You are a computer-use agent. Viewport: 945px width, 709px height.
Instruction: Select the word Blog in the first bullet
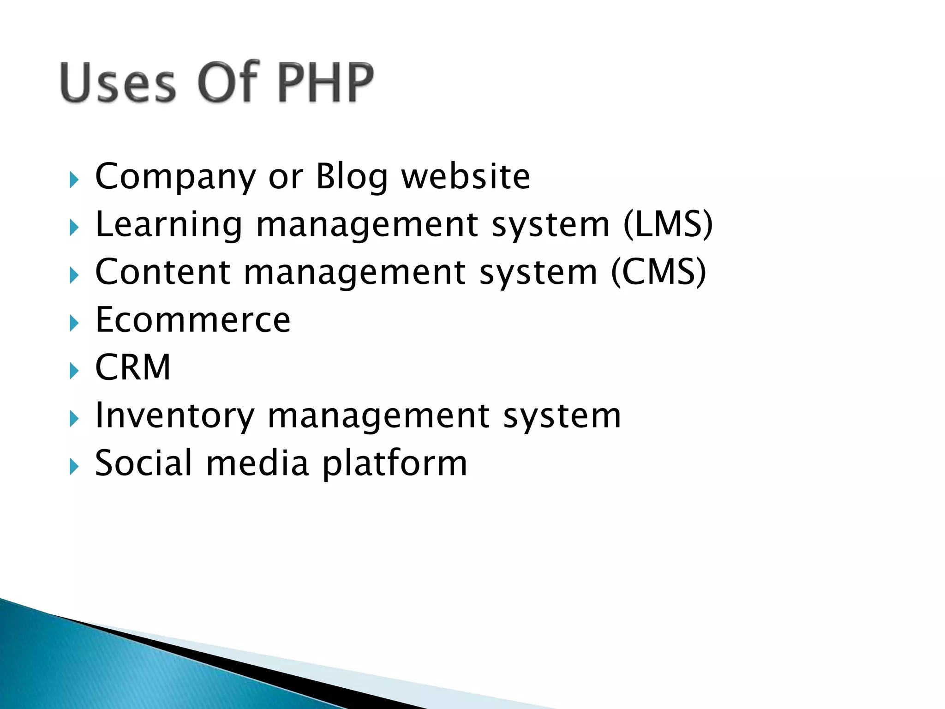coord(352,177)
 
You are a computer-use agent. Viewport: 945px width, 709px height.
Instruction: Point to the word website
coord(466,177)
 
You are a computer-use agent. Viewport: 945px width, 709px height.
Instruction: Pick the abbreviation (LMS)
coord(668,225)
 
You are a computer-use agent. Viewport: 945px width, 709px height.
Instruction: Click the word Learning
coord(168,225)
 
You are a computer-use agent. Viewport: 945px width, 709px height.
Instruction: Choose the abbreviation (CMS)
coord(658,272)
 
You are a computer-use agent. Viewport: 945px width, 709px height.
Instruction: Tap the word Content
coord(162,272)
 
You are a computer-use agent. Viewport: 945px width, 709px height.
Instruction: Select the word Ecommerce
coord(193,320)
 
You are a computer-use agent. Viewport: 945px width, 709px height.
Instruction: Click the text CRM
coord(133,367)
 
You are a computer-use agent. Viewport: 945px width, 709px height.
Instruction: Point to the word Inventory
coord(174,415)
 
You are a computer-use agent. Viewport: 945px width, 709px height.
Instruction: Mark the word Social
coord(143,463)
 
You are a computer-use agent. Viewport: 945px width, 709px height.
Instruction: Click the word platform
coord(395,463)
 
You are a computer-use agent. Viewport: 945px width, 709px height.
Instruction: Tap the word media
coord(257,463)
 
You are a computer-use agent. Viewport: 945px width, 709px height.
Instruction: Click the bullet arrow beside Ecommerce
coord(74,323)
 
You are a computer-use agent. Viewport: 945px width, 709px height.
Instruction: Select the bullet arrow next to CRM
coord(74,371)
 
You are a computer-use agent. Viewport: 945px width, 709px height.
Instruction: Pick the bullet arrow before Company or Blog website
coord(74,180)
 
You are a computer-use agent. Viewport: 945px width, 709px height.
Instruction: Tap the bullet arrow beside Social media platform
coord(74,467)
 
